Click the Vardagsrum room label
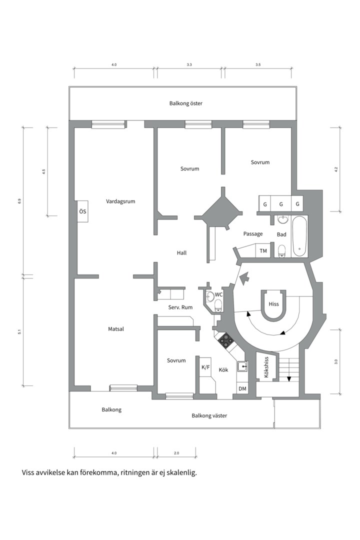point(120,201)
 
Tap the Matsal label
point(116,329)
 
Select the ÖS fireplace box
point(82,211)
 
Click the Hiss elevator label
point(273,304)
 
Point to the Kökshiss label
point(266,367)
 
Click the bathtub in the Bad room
point(299,236)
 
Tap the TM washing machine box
point(263,250)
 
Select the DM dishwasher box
point(242,388)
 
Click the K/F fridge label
point(205,367)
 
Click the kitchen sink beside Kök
point(242,367)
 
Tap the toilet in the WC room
point(217,305)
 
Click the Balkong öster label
point(185,103)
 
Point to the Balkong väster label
point(209,415)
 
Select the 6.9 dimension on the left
point(19,201)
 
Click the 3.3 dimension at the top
point(189,64)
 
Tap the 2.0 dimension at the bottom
point(176,453)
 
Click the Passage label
point(253,234)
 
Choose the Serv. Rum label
point(180,307)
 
